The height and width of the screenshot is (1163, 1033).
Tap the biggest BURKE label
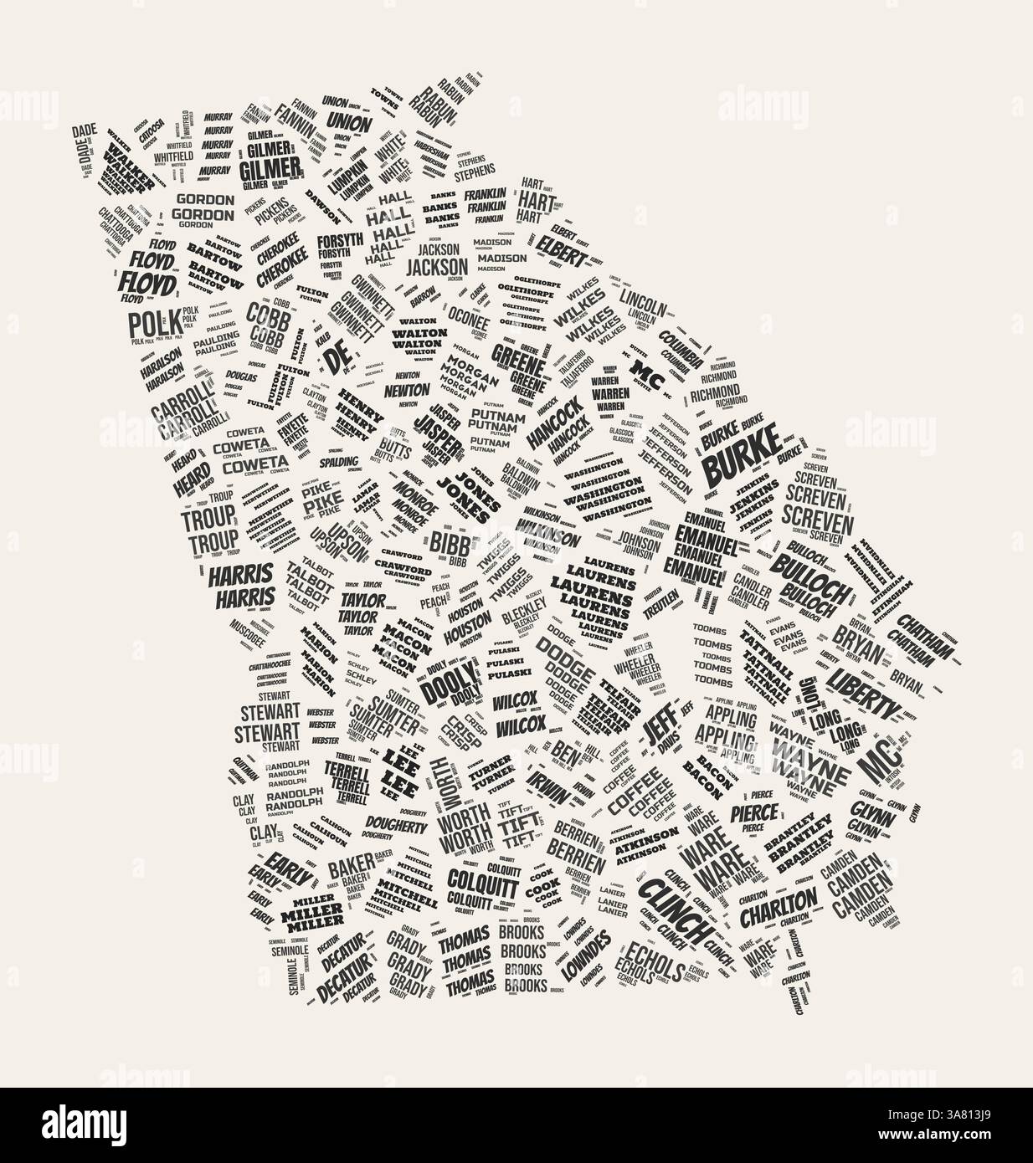[740, 459]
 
